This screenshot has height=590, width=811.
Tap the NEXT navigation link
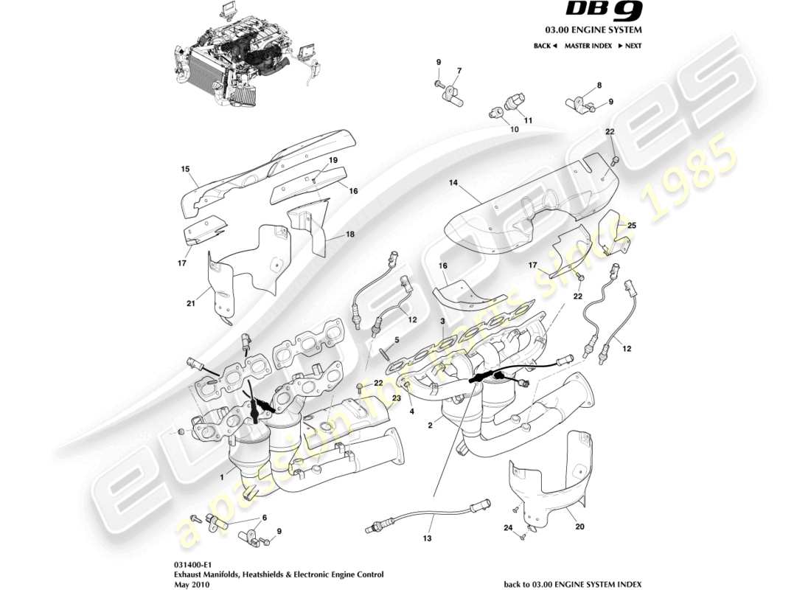pos(630,46)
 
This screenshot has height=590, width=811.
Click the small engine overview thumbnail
pos(247,52)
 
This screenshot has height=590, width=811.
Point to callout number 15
pos(186,169)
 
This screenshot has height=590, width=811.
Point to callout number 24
pos(507,527)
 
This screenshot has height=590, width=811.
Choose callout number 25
pos(632,224)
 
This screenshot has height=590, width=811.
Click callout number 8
pos(599,86)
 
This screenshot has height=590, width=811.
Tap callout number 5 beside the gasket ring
pos(396,340)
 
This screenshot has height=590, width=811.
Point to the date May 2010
pos(187,584)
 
